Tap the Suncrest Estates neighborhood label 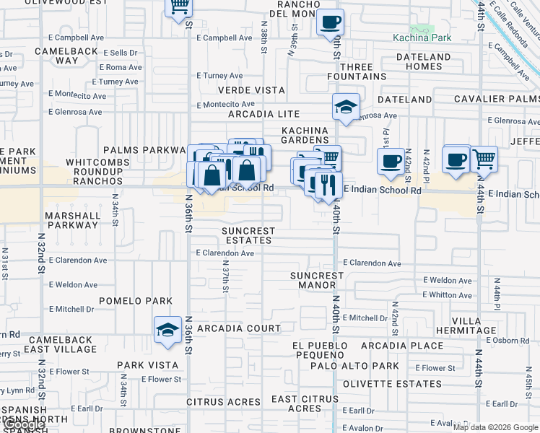click(248, 235)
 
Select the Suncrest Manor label click(317, 280)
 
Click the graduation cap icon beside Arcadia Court click(167, 330)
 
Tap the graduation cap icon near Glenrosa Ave click(346, 108)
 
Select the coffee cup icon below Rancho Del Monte click(331, 22)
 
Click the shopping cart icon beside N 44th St click(484, 159)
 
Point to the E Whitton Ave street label click(447, 294)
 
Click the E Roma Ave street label click(121, 67)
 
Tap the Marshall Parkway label click(71, 220)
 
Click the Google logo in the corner click(23, 424)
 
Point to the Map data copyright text click(495, 427)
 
